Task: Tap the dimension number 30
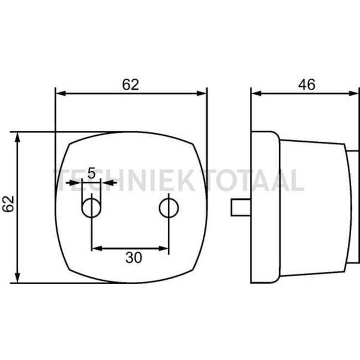133,258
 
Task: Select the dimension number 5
91,173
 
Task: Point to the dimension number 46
306,85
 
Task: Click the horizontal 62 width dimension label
130,85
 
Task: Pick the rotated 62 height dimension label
8,204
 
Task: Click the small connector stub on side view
241,208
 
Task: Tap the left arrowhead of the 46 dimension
256,94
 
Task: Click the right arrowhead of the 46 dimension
353,94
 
